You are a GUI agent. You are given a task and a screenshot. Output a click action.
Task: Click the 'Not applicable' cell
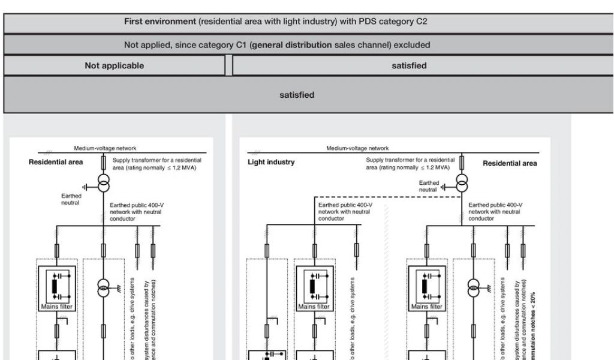click(x=115, y=66)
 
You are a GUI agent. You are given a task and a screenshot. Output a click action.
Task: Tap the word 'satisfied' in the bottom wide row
click(x=297, y=95)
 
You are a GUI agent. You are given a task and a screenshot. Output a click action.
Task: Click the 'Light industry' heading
click(x=271, y=162)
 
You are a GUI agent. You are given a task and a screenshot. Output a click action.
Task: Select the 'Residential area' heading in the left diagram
click(x=56, y=162)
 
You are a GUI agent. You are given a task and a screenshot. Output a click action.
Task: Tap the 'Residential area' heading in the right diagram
click(x=510, y=163)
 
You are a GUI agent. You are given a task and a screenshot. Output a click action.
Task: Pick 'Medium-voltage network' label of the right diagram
click(x=357, y=148)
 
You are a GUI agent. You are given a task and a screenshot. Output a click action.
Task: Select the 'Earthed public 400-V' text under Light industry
click(x=345, y=205)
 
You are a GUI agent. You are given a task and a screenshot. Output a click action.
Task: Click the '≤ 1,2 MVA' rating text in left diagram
click(x=181, y=167)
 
